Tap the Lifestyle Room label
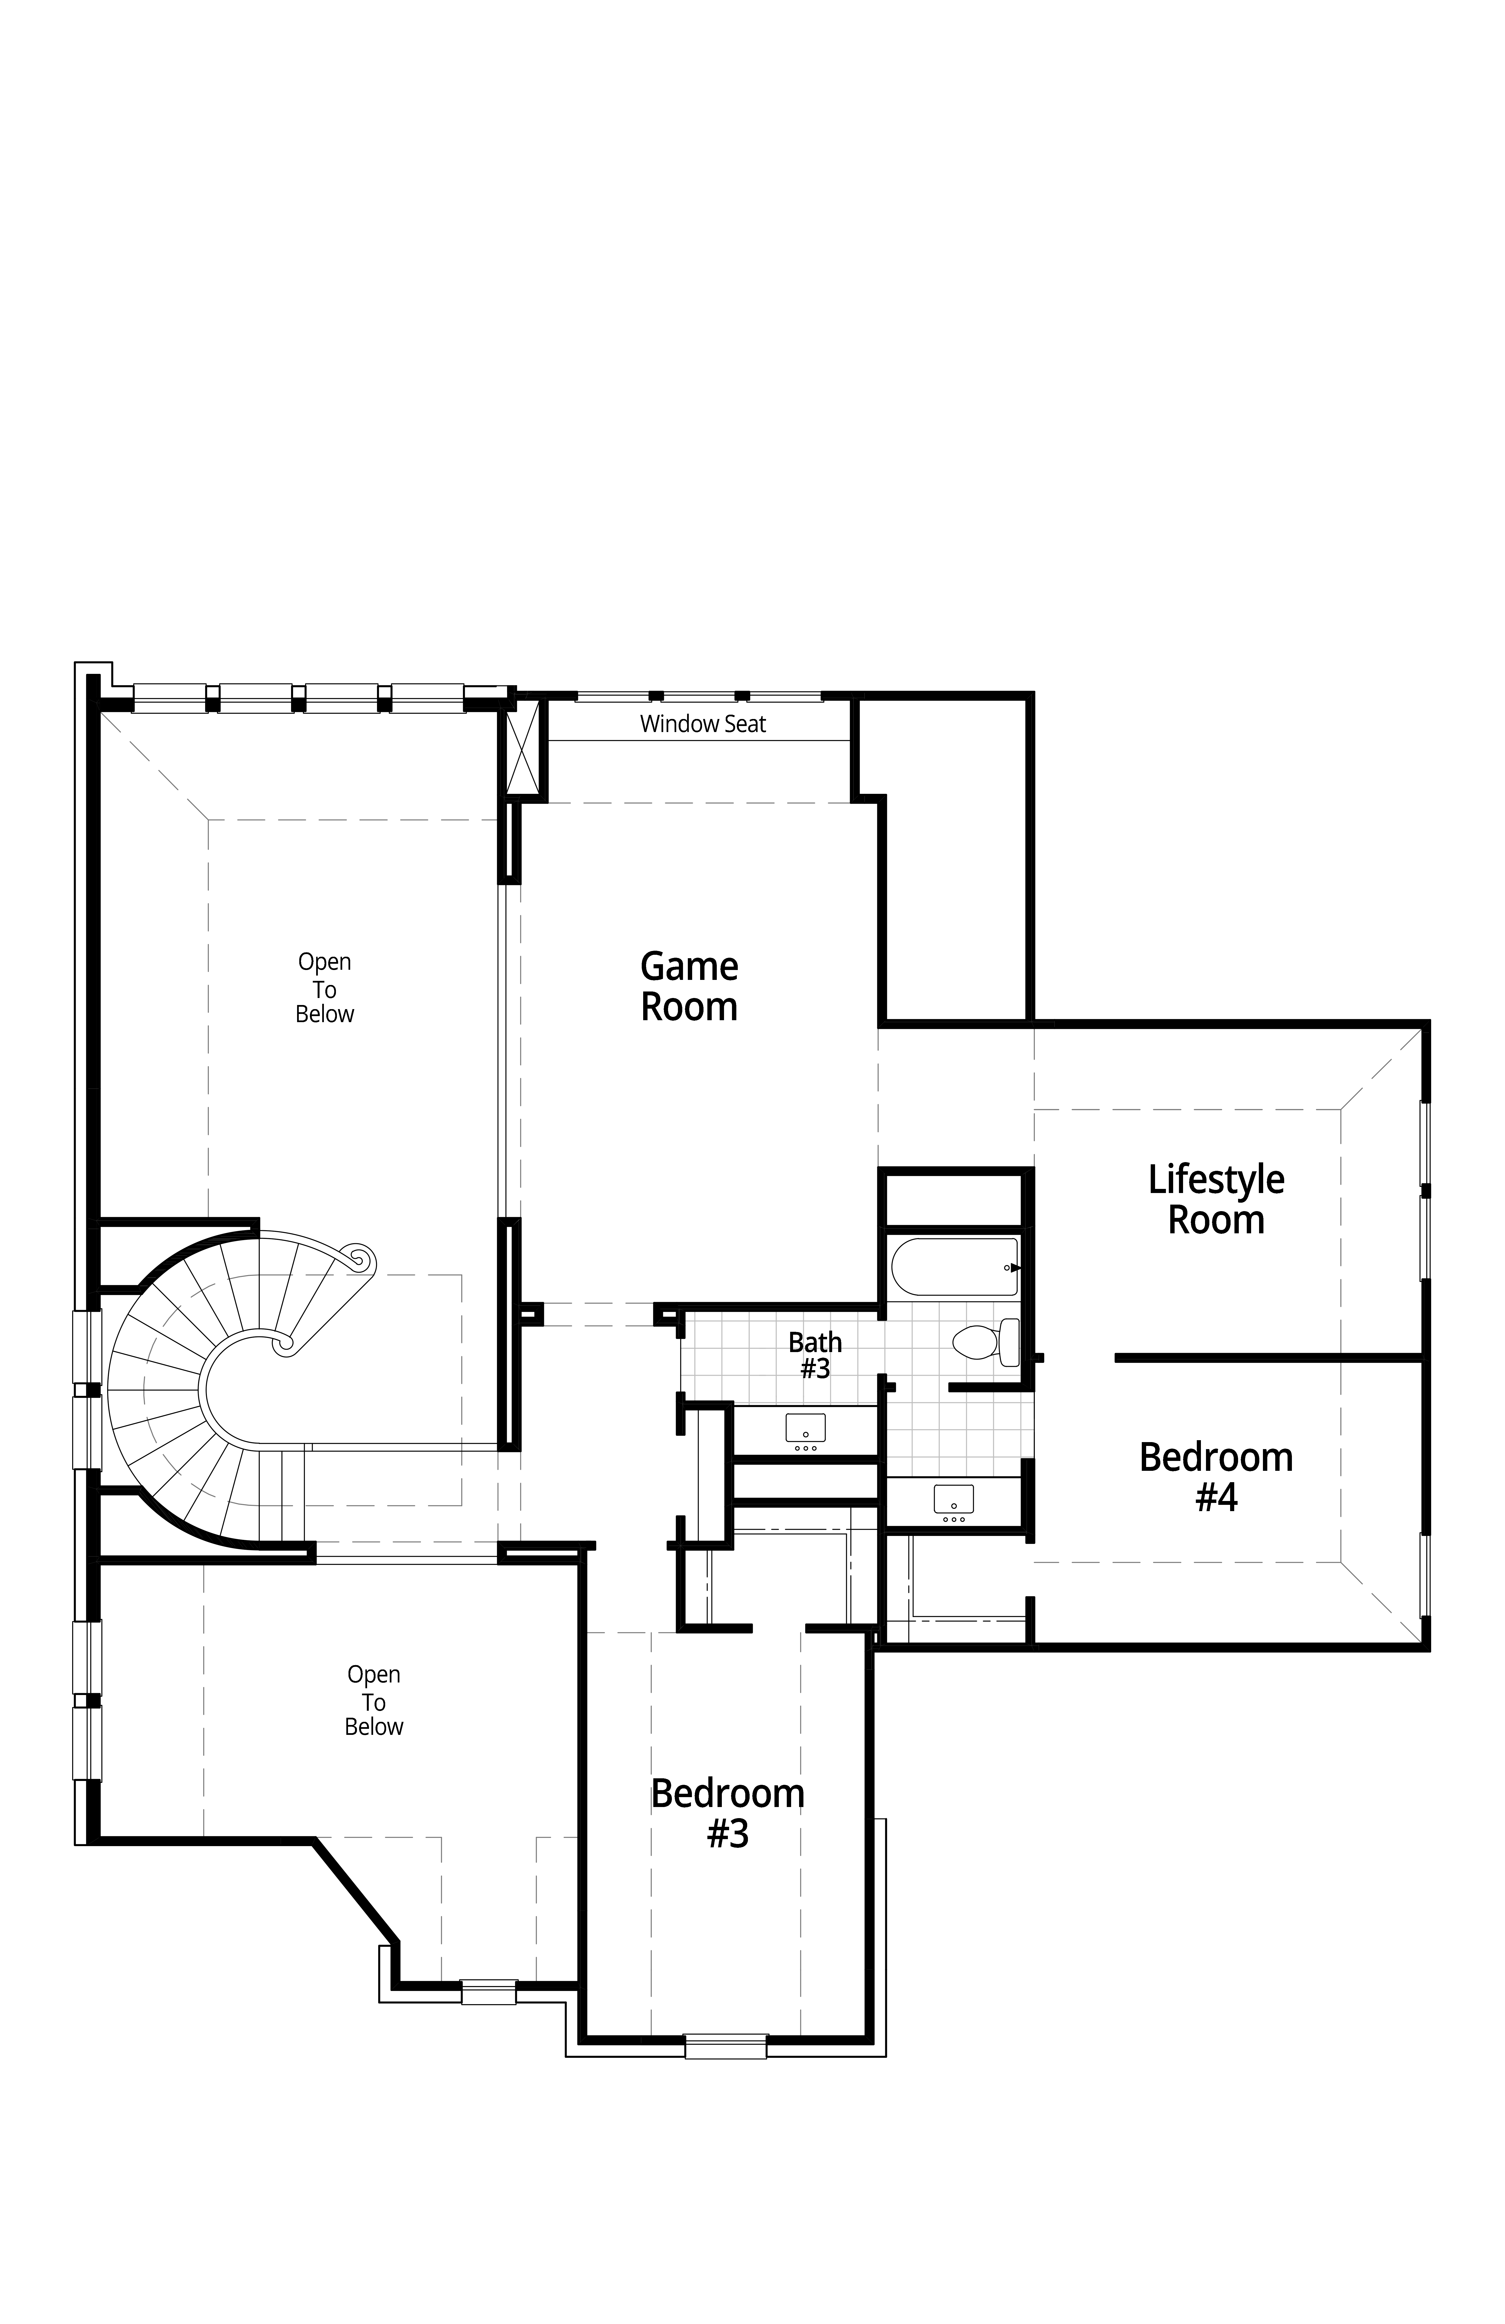[1216, 1199]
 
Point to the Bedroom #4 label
[1216, 1476]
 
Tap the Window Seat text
[703, 724]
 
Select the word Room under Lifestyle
[1216, 1220]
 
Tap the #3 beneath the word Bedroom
[728, 1834]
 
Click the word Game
[689, 967]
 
